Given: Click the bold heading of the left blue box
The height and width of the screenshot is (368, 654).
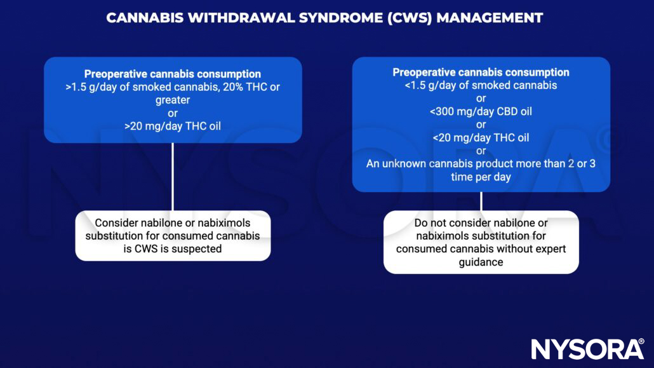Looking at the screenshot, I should click(x=173, y=74).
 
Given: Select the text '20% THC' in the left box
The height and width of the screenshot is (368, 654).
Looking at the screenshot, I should click(x=238, y=87).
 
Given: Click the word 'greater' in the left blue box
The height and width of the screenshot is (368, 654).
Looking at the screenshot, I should click(x=173, y=100).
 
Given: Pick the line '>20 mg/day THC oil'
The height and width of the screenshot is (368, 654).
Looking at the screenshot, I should click(x=173, y=126).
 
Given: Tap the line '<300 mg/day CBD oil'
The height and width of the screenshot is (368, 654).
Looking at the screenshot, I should click(x=481, y=111).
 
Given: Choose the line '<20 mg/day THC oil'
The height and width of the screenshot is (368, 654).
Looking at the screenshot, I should click(x=481, y=137).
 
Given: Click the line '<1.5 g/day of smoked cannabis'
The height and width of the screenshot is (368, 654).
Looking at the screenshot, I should click(x=481, y=85).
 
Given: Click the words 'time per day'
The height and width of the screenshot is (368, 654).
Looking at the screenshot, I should click(x=481, y=177).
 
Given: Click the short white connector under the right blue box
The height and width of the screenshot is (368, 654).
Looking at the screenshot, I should click(x=481, y=201).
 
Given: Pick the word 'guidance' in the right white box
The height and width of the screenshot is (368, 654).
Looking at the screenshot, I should click(x=481, y=262).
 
